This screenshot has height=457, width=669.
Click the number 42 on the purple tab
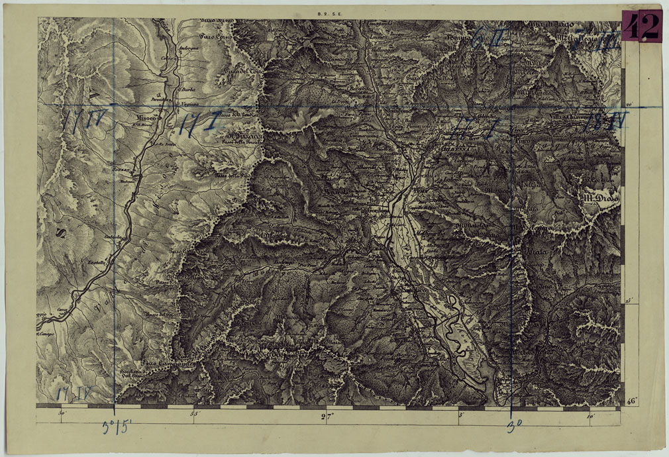[641, 26]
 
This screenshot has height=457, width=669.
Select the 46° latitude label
[631, 401]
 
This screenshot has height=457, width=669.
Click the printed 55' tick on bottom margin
[195, 415]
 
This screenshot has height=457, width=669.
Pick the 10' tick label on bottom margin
[590, 416]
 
